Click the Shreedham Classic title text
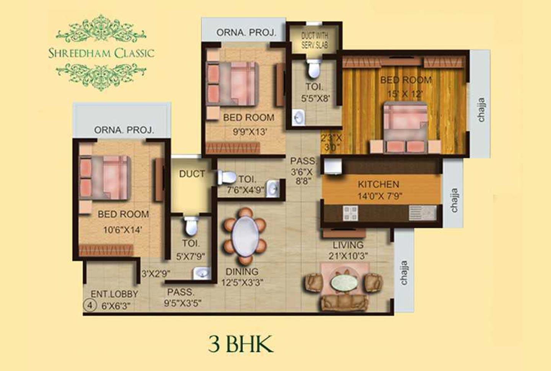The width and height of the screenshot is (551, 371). (101, 53)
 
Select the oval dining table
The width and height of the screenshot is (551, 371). (245, 236)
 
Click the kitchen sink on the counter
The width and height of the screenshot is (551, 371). (422, 213)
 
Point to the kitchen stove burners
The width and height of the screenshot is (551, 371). (350, 213)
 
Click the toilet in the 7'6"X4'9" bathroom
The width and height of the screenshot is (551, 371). (227, 177)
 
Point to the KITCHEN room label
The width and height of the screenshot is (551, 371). (378, 184)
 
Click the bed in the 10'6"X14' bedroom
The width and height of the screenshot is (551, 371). (105, 178)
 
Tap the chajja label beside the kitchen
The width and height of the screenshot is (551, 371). (454, 200)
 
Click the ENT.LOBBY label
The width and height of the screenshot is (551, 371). (114, 294)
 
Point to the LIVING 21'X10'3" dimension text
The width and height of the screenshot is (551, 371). (348, 256)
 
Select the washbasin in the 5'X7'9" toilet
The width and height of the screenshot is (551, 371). (202, 273)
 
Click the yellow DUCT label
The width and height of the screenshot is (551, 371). (192, 174)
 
